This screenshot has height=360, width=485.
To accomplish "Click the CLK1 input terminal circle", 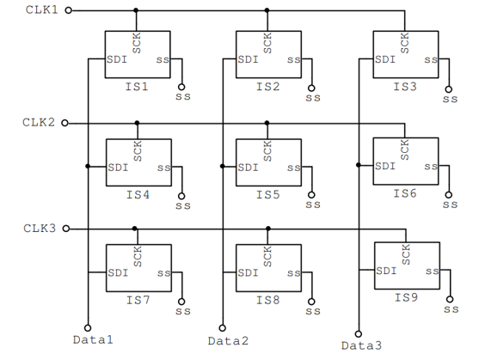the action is pyautogui.click(x=68, y=10).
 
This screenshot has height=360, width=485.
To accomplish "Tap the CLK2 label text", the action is pyautogui.click(x=39, y=122).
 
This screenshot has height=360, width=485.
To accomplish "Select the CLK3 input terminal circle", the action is pyautogui.click(x=66, y=229).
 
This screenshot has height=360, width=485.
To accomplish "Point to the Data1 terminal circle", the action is pyautogui.click(x=88, y=328).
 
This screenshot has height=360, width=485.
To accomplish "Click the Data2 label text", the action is pyautogui.click(x=228, y=341).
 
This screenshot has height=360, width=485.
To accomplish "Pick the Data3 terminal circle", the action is pyautogui.click(x=359, y=333).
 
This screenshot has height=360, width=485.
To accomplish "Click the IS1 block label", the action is pyautogui.click(x=137, y=87).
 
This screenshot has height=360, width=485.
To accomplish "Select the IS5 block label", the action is pyautogui.click(x=267, y=195).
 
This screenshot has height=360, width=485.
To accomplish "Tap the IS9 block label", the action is pyautogui.click(x=406, y=297).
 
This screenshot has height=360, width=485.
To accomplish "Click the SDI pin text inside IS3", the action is pyautogui.click(x=385, y=59).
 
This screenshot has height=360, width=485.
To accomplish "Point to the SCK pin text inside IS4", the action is pyautogui.click(x=138, y=151).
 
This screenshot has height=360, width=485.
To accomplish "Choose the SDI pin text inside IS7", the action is pyautogui.click(x=118, y=272).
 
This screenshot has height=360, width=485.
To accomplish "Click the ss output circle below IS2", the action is pyautogui.click(x=311, y=88).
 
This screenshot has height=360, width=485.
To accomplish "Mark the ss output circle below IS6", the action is pyautogui.click(x=449, y=195).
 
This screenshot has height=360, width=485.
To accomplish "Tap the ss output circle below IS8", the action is pyautogui.click(x=311, y=302).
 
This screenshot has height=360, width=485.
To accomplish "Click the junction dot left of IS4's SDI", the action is pyautogui.click(x=88, y=166).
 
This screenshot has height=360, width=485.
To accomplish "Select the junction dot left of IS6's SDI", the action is pyautogui.click(x=359, y=165).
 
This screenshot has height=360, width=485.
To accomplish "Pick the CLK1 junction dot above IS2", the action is pyautogui.click(x=267, y=10).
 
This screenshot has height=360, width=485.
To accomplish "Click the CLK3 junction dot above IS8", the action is pyautogui.click(x=268, y=229).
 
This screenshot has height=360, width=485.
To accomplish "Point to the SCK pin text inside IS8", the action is pyautogui.click(x=267, y=257).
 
